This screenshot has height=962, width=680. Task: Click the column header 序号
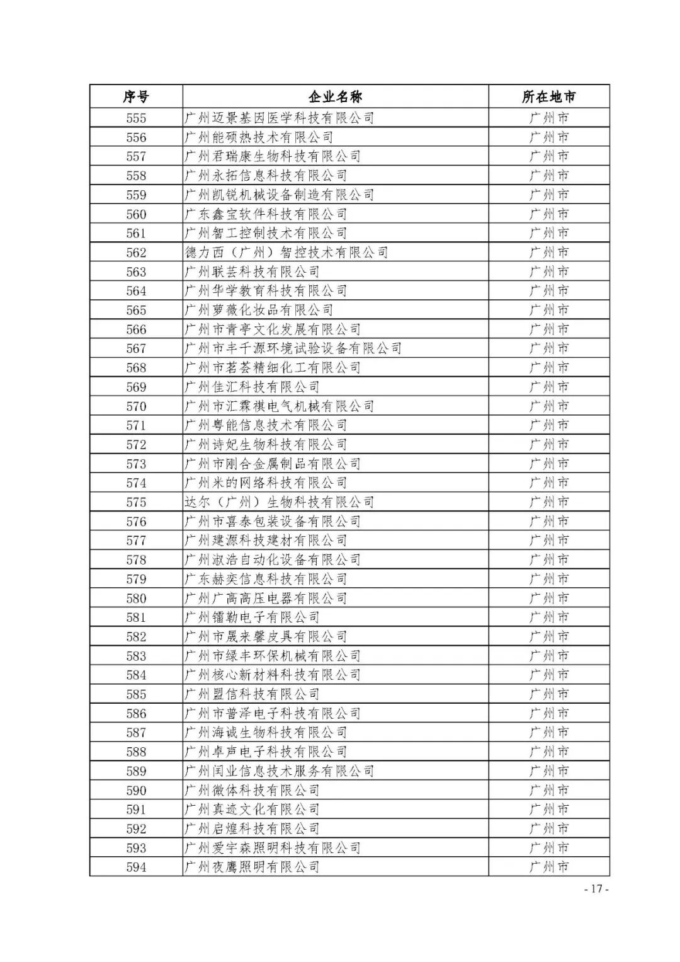pyautogui.click(x=136, y=97)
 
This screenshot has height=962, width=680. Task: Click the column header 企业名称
pyautogui.click(x=335, y=97)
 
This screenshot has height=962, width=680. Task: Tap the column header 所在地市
pyautogui.click(x=548, y=97)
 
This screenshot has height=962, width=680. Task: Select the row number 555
pyautogui.click(x=136, y=118)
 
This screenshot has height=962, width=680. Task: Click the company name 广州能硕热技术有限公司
pyautogui.click(x=259, y=137)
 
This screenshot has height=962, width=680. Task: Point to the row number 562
pyautogui.click(x=136, y=253)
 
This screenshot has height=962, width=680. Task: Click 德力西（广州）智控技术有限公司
pyautogui.click(x=286, y=253)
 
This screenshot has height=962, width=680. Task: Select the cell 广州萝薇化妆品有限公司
pyautogui.click(x=259, y=310)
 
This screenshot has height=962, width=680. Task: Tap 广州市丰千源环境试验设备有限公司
pyautogui.click(x=293, y=348)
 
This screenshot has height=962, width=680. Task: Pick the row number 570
pyautogui.click(x=136, y=406)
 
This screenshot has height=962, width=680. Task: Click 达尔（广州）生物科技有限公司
pyautogui.click(x=280, y=502)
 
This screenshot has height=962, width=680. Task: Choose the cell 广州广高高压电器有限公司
pyautogui.click(x=266, y=598)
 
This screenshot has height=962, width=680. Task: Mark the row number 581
pyautogui.click(x=136, y=617)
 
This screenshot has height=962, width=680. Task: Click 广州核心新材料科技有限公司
pyautogui.click(x=273, y=675)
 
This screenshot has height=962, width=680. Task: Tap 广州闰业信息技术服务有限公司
pyautogui.click(x=280, y=771)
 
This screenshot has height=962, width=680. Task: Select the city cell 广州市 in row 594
pyautogui.click(x=548, y=868)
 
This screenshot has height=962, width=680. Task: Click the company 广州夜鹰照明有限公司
pyautogui.click(x=252, y=868)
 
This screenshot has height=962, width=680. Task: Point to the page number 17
pyautogui.click(x=597, y=890)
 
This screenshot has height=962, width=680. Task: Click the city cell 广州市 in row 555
pyautogui.click(x=548, y=118)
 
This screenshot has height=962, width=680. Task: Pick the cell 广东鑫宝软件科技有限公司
pyautogui.click(x=266, y=214)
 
